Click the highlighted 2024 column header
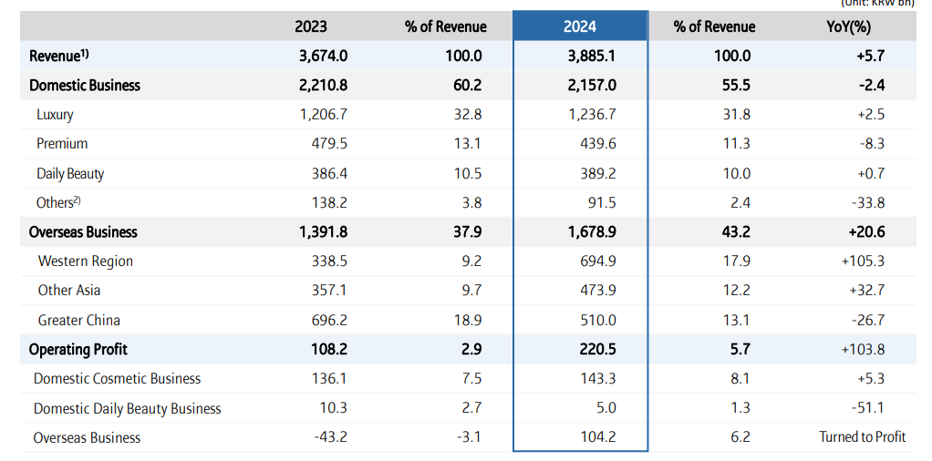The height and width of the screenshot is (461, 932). (x=580, y=26)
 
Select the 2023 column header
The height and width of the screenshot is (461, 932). (x=311, y=26)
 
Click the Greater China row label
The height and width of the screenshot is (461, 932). (x=79, y=320)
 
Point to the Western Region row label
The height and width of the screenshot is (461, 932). (x=86, y=261)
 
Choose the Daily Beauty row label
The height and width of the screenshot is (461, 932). (x=70, y=173)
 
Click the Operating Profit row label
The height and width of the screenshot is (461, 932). (x=78, y=349)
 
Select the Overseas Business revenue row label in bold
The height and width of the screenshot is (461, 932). (x=83, y=231)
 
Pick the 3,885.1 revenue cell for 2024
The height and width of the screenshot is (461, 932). (x=592, y=56)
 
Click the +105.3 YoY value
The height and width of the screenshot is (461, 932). (x=863, y=261)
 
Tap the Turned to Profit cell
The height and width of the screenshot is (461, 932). (x=863, y=437)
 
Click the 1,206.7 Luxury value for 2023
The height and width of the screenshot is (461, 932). (x=324, y=115)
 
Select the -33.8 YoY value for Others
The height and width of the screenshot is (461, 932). (x=866, y=202)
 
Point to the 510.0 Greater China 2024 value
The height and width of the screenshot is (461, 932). (x=598, y=320)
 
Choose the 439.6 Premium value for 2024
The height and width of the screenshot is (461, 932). (x=598, y=144)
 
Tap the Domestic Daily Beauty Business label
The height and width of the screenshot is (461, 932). (x=128, y=408)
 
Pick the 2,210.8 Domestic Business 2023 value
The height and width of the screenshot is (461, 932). (x=324, y=85)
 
